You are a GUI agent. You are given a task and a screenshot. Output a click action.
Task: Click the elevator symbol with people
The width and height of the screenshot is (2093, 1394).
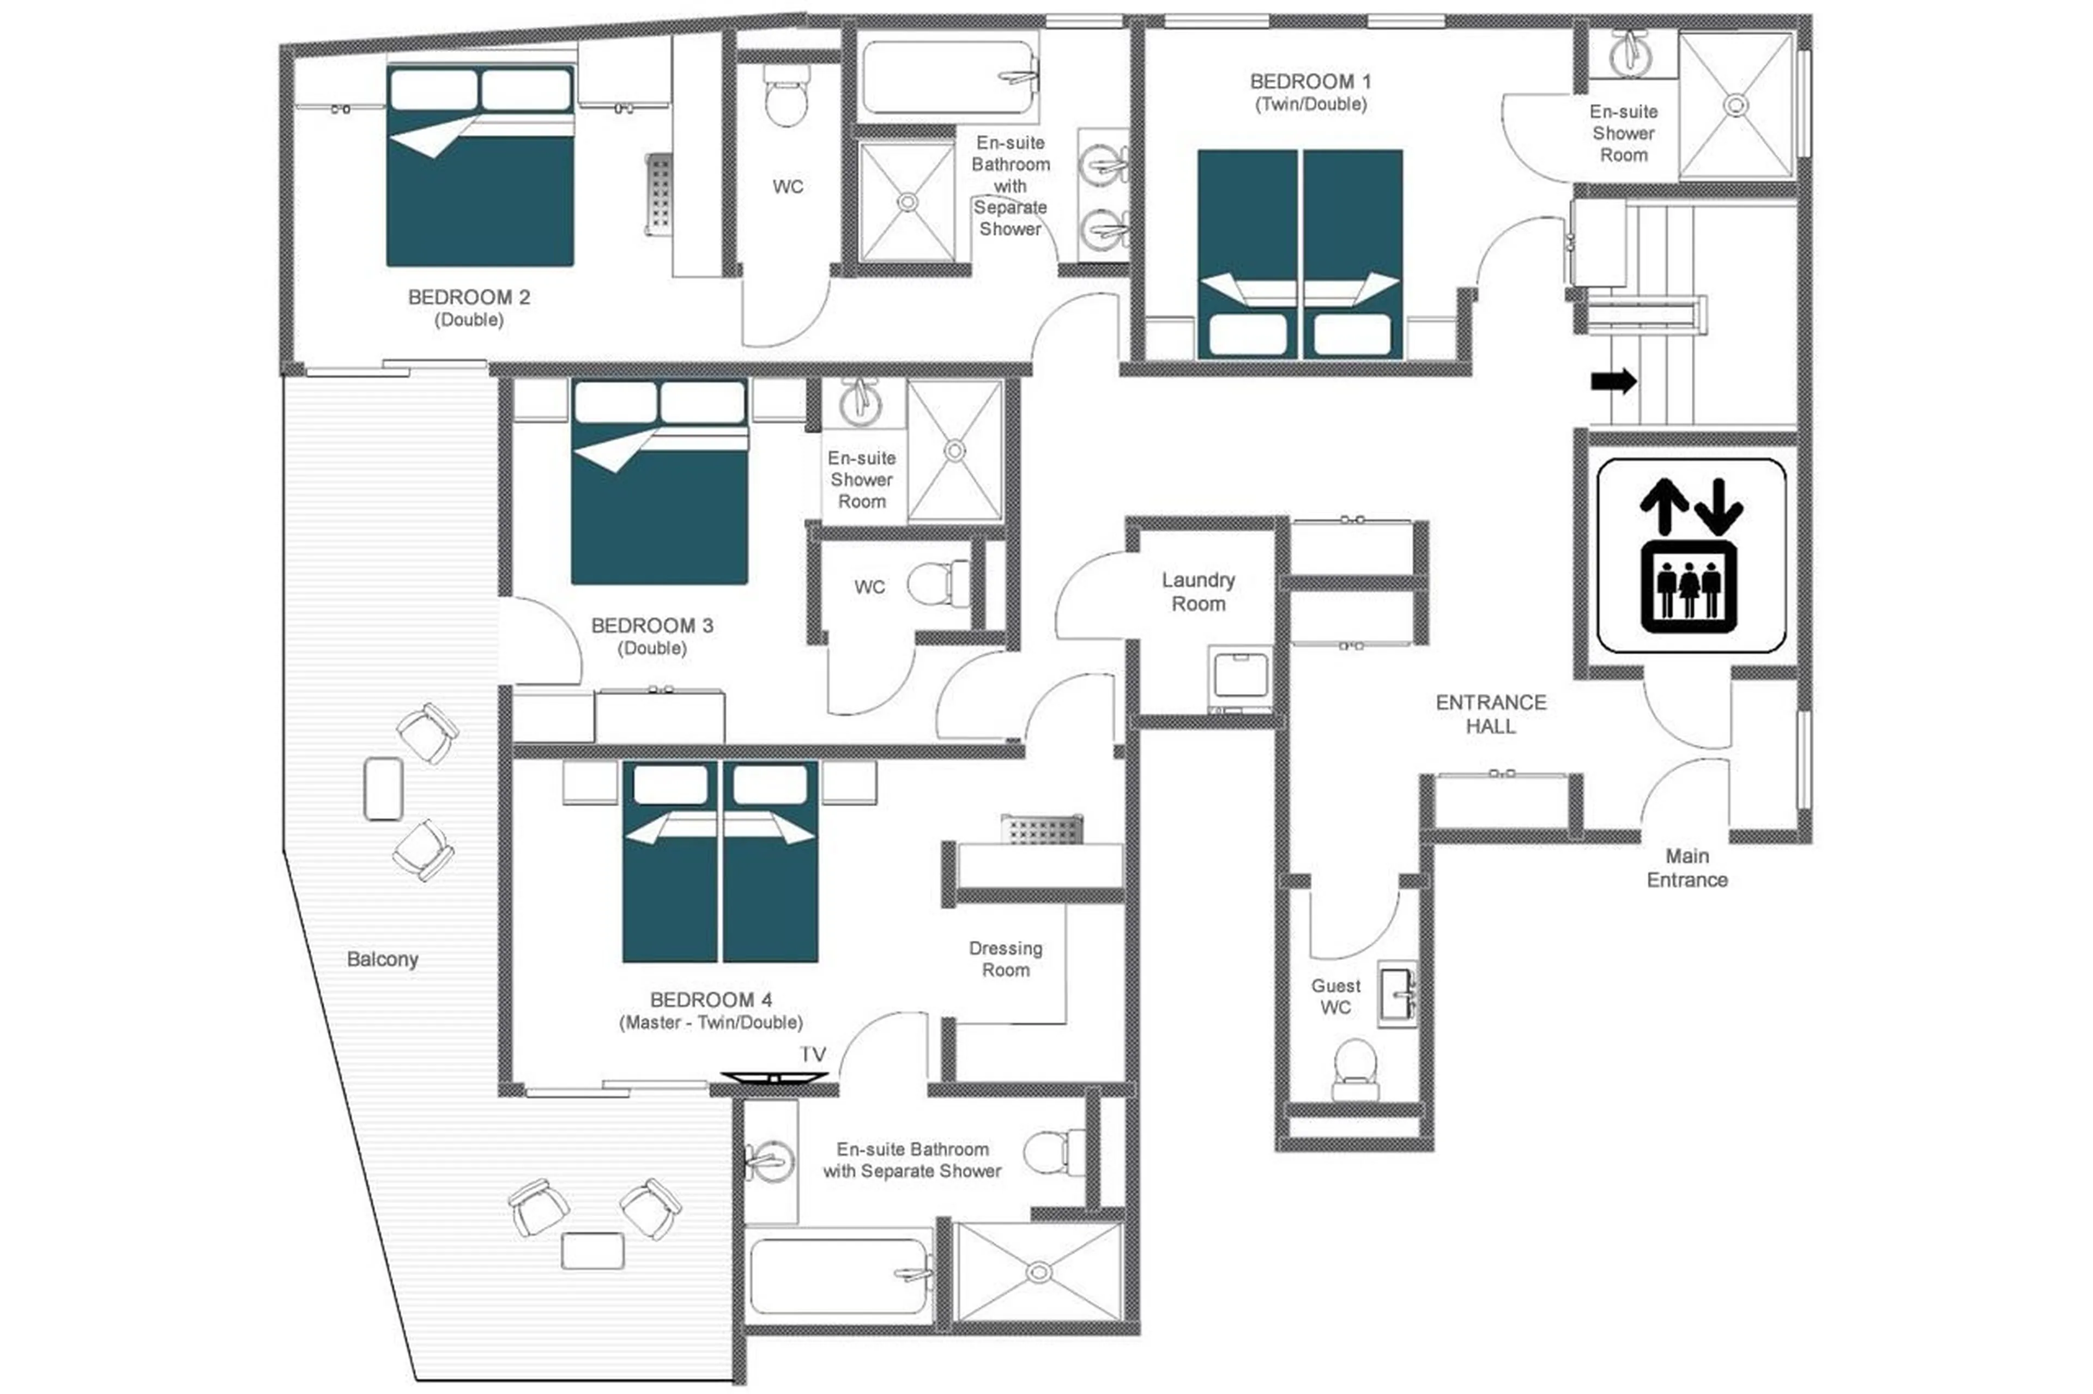[x=1687, y=587]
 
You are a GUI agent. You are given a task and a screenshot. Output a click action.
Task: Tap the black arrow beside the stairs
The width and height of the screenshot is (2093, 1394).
[x=1613, y=381]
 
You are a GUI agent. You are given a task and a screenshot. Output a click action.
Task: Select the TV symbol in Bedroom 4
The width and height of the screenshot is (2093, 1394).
[x=774, y=1078]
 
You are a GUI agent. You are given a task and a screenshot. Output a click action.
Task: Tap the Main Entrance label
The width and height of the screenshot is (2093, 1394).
[x=1686, y=868]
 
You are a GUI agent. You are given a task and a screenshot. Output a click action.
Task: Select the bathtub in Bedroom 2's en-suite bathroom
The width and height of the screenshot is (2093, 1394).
[x=947, y=76]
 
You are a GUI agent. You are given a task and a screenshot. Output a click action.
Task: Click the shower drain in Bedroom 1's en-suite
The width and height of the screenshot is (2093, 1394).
[x=1735, y=106]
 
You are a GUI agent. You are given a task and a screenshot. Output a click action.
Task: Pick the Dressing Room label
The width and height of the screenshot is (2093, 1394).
[x=1005, y=959]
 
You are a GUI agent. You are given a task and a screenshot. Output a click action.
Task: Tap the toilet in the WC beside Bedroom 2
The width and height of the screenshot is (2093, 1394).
[x=787, y=99]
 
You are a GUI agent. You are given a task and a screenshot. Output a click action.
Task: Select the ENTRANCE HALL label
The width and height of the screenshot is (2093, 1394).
[x=1490, y=714]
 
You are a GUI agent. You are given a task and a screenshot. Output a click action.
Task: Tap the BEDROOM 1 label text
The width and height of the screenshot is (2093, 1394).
[x=1310, y=82]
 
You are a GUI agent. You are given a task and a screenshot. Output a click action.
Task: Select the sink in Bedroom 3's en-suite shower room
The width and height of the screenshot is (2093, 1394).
[x=860, y=405]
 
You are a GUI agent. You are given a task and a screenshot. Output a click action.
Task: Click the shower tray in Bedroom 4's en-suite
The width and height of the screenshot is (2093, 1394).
[x=1037, y=1271]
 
